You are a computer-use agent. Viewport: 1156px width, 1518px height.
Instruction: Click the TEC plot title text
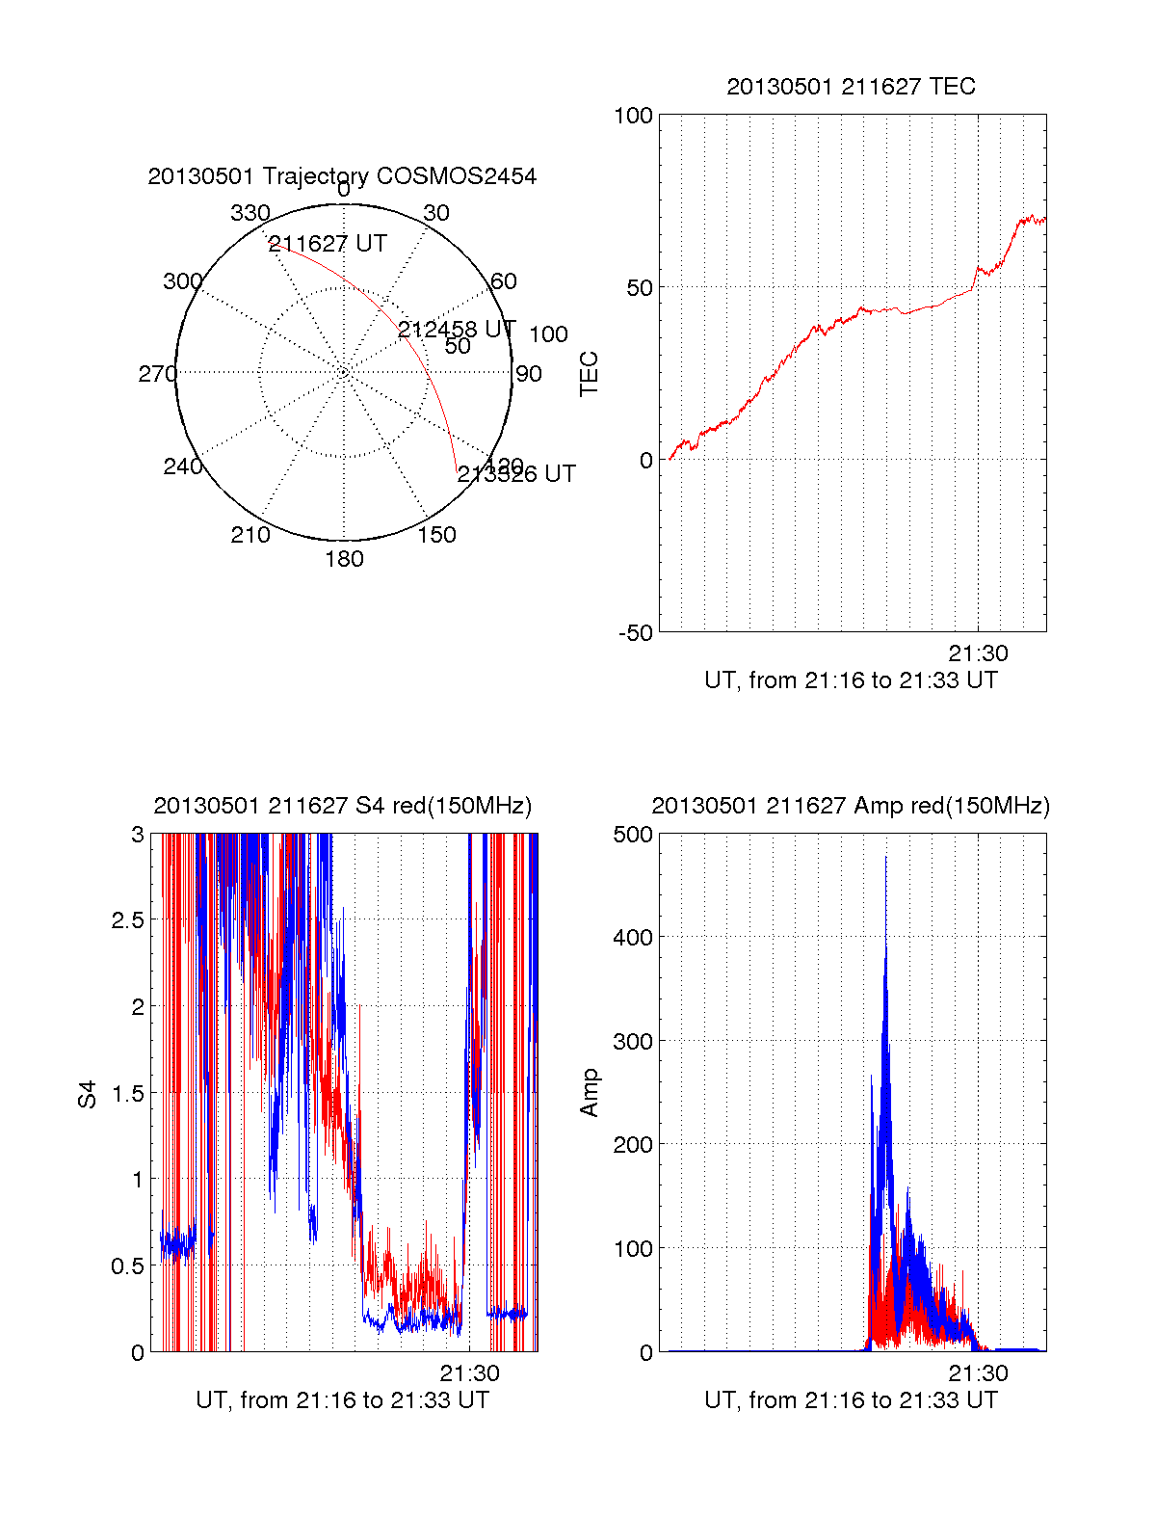(x=851, y=87)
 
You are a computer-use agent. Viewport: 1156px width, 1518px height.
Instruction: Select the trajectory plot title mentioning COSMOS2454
(x=342, y=176)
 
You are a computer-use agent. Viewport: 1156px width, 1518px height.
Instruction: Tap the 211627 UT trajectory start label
(x=328, y=244)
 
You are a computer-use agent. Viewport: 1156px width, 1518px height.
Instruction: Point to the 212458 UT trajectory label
(x=457, y=330)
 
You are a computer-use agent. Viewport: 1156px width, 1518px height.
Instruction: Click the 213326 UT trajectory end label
(x=516, y=474)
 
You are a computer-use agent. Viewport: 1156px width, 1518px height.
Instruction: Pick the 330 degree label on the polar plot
(x=250, y=213)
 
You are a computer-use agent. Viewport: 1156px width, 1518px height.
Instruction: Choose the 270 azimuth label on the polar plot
(x=157, y=374)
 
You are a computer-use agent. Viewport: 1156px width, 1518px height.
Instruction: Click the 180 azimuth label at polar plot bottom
(x=344, y=559)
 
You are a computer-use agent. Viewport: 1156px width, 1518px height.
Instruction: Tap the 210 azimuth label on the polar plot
(x=250, y=535)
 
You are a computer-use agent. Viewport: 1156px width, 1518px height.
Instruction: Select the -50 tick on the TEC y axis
(x=636, y=633)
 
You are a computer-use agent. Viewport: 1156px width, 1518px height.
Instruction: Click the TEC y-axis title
(x=589, y=374)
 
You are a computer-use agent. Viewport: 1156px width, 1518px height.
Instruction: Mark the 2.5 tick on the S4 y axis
(x=127, y=920)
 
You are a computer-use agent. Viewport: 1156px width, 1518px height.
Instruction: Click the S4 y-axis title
(x=88, y=1094)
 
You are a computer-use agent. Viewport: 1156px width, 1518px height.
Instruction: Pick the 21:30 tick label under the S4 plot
(x=469, y=1373)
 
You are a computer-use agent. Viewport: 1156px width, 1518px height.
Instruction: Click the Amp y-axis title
(x=589, y=1093)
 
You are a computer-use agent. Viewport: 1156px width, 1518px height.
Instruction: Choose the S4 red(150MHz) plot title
(x=342, y=806)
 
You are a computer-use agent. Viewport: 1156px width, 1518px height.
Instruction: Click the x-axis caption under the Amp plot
(x=851, y=1400)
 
